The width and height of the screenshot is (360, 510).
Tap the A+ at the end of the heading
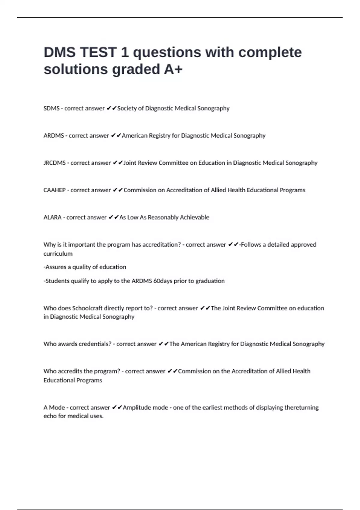[x=173, y=69]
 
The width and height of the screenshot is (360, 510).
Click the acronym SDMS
[x=52, y=108]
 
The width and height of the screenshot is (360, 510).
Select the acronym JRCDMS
[x=55, y=163]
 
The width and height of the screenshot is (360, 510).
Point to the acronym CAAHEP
[x=55, y=190]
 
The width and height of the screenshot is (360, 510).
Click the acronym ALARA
[x=52, y=217]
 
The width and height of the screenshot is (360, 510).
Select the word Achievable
[x=194, y=217]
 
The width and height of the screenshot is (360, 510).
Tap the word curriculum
[x=58, y=254]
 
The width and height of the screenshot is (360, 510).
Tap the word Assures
[x=55, y=267]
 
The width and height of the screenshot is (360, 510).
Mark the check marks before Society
[x=111, y=108]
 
